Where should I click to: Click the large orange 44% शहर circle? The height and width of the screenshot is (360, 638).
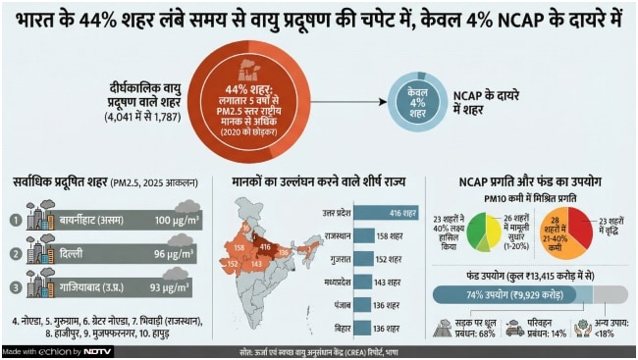(x=252, y=101)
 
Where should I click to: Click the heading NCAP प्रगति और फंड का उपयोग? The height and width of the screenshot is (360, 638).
(x=530, y=181)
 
